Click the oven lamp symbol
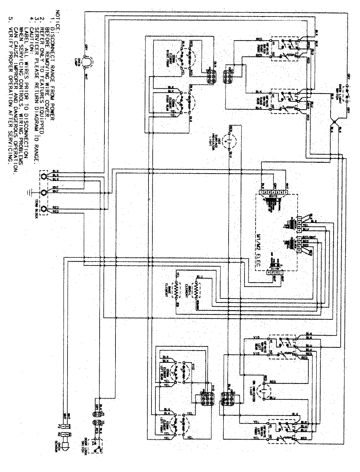point(87,62)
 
